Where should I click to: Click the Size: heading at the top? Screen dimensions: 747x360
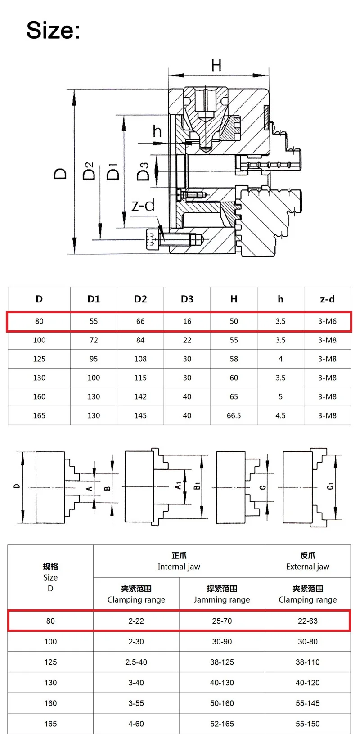(x=53, y=30)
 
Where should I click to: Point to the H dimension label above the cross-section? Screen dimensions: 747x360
(x=216, y=66)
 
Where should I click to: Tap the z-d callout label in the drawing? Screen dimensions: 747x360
(x=143, y=206)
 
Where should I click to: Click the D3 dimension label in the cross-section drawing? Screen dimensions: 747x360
(x=143, y=171)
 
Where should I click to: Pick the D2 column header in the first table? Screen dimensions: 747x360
(x=140, y=299)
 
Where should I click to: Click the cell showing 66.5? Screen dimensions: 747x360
(x=234, y=415)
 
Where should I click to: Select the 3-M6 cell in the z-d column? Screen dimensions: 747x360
(x=327, y=321)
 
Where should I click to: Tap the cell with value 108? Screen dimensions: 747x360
(x=140, y=359)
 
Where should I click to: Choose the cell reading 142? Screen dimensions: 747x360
(x=140, y=396)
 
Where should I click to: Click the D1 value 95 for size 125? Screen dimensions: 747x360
(x=94, y=359)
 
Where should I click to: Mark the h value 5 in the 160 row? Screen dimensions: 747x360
(x=280, y=396)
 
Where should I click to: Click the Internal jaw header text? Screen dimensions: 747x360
(x=179, y=567)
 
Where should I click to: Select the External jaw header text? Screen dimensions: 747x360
(x=308, y=567)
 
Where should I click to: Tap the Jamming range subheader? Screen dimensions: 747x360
(x=222, y=599)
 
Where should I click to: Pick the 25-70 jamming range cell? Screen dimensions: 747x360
(x=222, y=621)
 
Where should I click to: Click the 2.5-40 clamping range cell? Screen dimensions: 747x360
(x=136, y=662)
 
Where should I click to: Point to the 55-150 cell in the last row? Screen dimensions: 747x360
(x=308, y=724)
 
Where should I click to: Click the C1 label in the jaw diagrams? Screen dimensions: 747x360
(x=331, y=486)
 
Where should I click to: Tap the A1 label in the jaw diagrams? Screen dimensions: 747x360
(x=178, y=486)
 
